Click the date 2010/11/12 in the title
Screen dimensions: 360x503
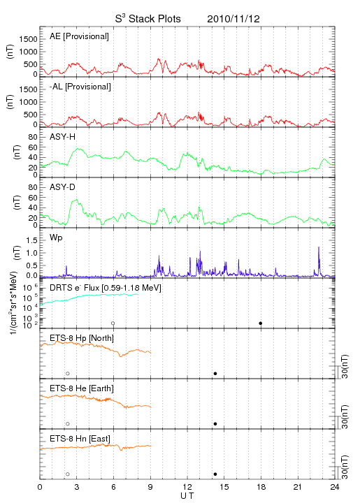pos(233,19)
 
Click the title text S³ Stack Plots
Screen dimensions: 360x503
pos(148,19)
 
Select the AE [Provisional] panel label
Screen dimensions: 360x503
pos(79,36)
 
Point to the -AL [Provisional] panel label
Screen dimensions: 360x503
pos(80,87)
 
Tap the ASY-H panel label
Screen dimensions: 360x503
pos(62,137)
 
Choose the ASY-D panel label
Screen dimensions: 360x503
pos(62,187)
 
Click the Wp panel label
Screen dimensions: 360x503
pos(56,238)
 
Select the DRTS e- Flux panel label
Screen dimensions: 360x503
pos(106,288)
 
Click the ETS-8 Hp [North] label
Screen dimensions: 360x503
pos(82,338)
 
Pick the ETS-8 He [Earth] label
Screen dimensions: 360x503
pos(82,388)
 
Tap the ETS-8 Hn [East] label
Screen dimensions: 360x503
pos(80,439)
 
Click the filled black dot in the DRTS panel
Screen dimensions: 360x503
pos(261,323)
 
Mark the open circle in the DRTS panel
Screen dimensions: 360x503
pos(113,323)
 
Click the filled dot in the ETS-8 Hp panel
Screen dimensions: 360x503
pos(215,373)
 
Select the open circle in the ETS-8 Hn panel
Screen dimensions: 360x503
pos(68,474)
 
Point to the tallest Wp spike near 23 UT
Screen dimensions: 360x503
pos(319,247)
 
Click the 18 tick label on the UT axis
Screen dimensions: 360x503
pos(261,487)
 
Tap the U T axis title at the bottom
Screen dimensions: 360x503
pos(187,496)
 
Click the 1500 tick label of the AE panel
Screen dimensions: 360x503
pos(28,39)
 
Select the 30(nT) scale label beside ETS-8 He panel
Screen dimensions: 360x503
pos(345,416)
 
